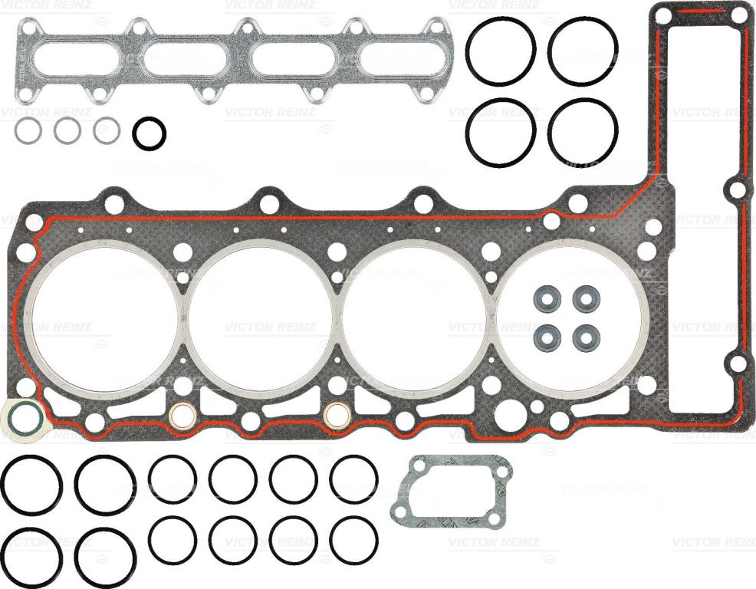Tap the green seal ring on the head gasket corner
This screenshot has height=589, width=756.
point(12,416)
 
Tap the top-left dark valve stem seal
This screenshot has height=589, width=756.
point(547,299)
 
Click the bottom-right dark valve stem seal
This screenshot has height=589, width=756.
point(587,337)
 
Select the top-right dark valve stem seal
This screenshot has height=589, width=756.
point(587,299)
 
